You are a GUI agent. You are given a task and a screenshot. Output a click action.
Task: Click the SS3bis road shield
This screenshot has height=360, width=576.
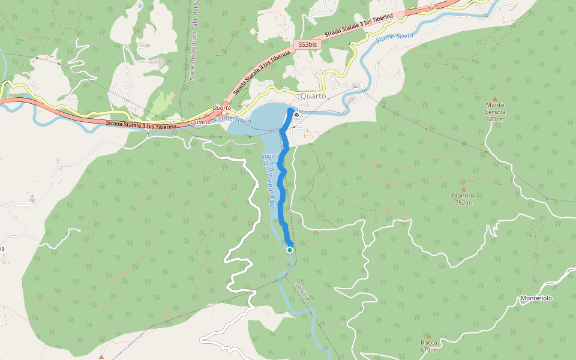click(x=308, y=45)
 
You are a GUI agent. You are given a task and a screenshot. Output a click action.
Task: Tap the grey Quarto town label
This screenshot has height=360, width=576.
click(x=313, y=96)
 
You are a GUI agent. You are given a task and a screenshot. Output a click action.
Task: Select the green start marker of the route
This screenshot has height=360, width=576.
click(x=290, y=250)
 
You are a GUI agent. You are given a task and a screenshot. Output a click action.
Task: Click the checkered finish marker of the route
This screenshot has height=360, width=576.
click(x=296, y=113)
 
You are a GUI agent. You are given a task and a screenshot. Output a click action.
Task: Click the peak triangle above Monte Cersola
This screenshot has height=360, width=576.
click(x=495, y=98)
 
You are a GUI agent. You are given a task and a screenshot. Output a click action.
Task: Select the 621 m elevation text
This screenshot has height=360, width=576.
click(x=495, y=119)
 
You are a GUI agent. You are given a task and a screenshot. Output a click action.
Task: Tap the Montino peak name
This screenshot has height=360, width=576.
click(x=463, y=196)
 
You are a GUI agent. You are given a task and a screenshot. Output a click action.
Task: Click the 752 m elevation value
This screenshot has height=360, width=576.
click(x=463, y=203)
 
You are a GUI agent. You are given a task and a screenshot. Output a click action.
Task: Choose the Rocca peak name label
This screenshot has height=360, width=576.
click(x=428, y=343)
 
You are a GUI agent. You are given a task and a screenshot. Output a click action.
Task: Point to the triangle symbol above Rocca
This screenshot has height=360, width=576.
click(x=428, y=335)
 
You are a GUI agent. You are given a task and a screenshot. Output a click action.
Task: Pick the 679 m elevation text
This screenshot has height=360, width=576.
click(x=428, y=350)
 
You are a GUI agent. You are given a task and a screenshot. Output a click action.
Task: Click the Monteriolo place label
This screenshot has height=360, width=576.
click(x=536, y=298)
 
